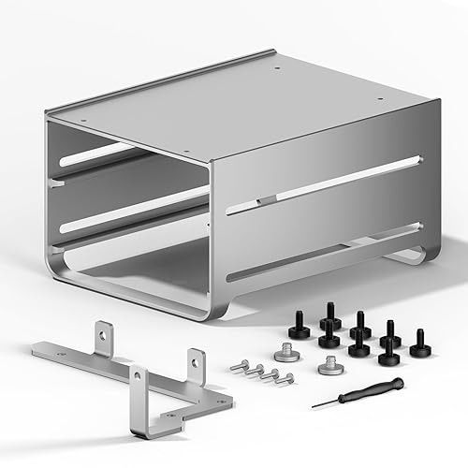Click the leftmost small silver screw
[x=238, y=366]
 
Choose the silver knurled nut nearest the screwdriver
[x=329, y=368]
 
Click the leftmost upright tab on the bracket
[x=103, y=335]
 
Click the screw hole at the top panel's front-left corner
[x=81, y=121]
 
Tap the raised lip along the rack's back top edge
[x=159, y=80]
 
